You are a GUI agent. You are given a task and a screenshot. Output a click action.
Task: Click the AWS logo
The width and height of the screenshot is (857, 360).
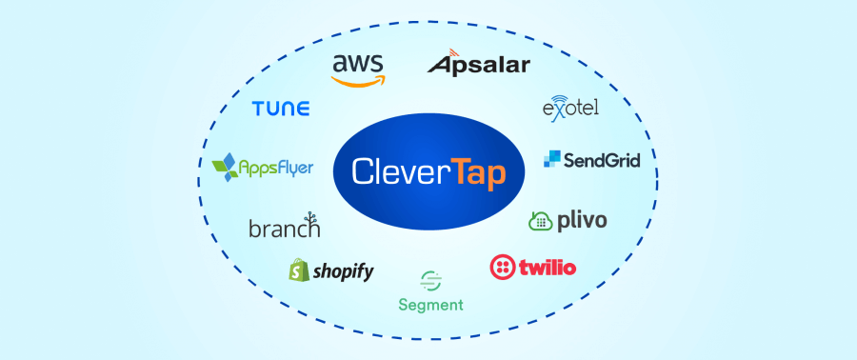click(358, 69)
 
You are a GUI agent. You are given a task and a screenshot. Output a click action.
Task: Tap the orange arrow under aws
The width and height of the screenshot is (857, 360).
click(358, 81)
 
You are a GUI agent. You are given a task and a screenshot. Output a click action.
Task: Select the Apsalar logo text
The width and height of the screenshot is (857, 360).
click(479, 64)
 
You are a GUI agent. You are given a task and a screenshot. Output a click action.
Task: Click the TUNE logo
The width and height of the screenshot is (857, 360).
click(281, 109)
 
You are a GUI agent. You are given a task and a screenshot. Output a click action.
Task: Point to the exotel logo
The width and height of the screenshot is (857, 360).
click(569, 108)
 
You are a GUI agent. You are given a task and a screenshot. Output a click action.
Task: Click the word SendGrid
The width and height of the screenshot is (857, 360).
click(602, 160)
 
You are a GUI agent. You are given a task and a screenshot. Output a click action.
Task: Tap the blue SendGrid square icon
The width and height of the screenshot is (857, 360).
click(552, 159)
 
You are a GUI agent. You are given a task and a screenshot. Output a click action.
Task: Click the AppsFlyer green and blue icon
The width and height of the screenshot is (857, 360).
click(226, 168)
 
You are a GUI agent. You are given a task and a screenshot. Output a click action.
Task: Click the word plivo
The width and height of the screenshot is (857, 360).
click(582, 221)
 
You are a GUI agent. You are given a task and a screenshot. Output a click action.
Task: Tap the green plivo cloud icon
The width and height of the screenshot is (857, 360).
click(541, 221)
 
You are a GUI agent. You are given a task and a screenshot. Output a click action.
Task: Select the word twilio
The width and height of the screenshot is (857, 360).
click(548, 268)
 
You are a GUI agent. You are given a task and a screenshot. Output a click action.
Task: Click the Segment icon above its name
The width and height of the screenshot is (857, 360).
click(430, 281)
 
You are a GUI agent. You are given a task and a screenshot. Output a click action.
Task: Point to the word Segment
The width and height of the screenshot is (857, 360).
click(430, 305)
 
